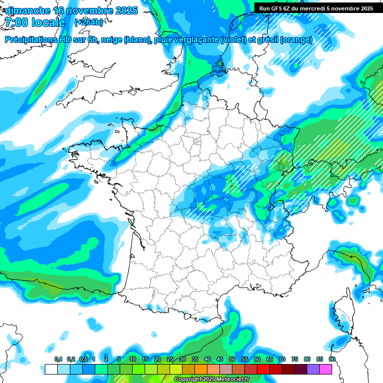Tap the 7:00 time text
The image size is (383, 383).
point(16,22)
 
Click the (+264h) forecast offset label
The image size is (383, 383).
point(89,22)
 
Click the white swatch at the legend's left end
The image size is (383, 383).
point(51,370)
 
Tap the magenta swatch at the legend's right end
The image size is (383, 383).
point(326,370)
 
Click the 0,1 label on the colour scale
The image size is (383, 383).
point(58,360)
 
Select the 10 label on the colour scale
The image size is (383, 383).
point(133,360)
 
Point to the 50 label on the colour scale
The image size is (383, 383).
point(232,360)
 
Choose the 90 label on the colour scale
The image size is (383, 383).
point(332,360)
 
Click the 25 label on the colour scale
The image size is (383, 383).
point(170,360)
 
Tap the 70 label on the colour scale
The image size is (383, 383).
point(282,360)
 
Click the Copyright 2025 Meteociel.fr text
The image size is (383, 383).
point(212,380)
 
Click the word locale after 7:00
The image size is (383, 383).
point(48,22)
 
